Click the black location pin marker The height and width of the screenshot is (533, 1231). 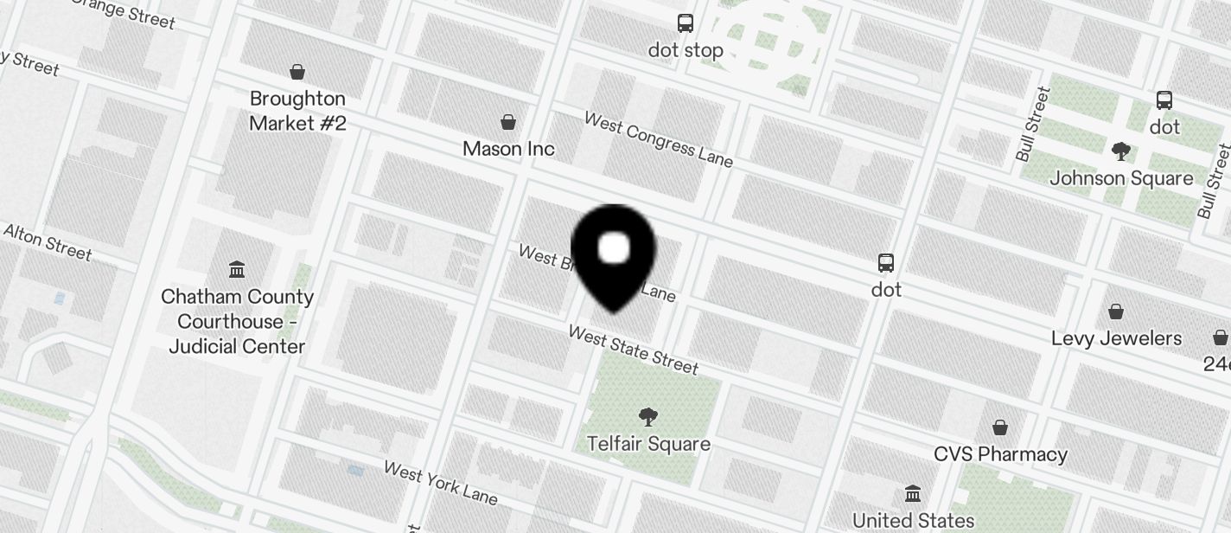[614, 255]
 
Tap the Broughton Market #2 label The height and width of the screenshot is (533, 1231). [297, 111]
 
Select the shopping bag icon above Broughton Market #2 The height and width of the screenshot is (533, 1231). [297, 71]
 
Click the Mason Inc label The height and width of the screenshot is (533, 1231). [508, 149]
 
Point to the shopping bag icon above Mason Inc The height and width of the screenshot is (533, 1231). [508, 122]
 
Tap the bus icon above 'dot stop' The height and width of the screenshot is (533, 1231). [686, 23]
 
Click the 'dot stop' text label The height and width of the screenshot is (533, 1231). [686, 50]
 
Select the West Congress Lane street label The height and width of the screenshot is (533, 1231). [659, 139]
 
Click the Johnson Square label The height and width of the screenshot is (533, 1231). [1121, 178]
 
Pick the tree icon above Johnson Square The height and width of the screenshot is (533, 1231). [1121, 151]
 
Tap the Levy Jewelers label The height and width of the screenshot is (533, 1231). [1116, 338]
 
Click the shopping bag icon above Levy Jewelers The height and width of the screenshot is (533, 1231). [1116, 311]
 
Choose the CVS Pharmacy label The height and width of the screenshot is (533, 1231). [1000, 454]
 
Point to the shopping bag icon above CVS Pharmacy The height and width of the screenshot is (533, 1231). [1000, 427]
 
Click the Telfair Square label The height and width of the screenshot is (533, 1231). [648, 444]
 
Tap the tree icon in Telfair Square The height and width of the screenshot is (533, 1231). [647, 417]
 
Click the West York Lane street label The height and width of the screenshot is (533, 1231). [441, 483]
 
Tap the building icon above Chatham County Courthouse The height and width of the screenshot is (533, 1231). [237, 269]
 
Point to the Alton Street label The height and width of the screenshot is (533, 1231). [48, 241]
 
